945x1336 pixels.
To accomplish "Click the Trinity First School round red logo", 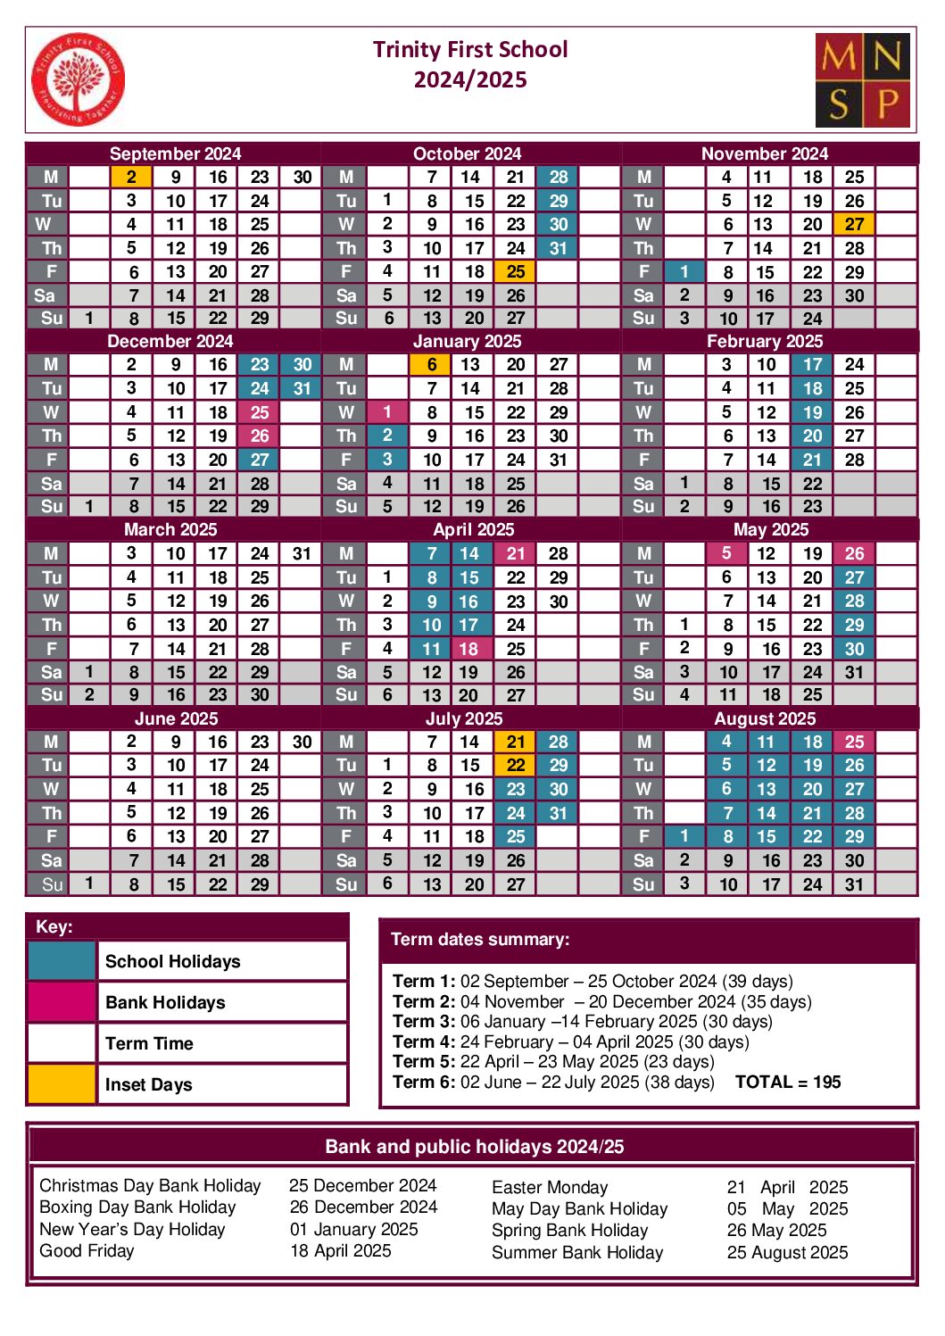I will click(x=78, y=79).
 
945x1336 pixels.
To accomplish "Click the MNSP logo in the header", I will click(x=862, y=80).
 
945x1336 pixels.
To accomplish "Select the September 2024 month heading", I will click(x=175, y=154).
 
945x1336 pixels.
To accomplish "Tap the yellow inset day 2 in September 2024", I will click(x=131, y=177).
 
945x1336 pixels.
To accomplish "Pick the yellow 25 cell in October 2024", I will click(x=516, y=271).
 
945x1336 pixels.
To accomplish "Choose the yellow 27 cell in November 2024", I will click(x=854, y=224).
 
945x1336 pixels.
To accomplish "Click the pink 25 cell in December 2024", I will click(x=260, y=412).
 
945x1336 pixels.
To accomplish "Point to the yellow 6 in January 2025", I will click(x=431, y=364).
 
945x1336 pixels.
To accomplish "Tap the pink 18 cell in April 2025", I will click(x=468, y=649).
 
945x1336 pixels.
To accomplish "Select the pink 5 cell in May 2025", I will click(x=726, y=553).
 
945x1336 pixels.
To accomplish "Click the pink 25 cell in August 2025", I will click(x=854, y=742).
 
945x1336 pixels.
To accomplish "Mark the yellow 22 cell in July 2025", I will click(x=516, y=765).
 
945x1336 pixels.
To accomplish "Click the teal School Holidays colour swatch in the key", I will click(x=62, y=961).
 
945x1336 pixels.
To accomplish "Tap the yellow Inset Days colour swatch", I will click(x=62, y=1083).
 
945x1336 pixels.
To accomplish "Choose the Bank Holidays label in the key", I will click(x=165, y=1002).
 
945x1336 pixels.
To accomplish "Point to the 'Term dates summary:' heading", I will click(x=480, y=939).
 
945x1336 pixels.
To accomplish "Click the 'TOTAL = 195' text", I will click(x=788, y=1082).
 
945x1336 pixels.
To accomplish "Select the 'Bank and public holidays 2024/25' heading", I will click(x=474, y=1146).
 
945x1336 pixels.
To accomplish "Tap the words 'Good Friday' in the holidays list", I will click(x=87, y=1250).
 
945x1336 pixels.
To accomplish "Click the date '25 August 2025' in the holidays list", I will click(x=787, y=1252).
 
